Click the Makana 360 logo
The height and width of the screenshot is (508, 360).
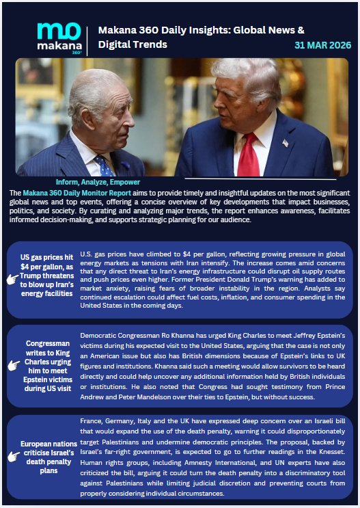59,38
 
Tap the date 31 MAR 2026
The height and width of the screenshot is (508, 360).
322,45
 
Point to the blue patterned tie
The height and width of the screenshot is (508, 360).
105,165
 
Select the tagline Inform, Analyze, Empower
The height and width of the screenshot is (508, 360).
98,183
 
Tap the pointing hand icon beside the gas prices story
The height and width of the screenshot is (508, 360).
12,279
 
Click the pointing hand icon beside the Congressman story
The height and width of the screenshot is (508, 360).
12,366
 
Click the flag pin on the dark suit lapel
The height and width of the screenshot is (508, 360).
285,143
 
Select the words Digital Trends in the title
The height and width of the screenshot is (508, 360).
133,44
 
